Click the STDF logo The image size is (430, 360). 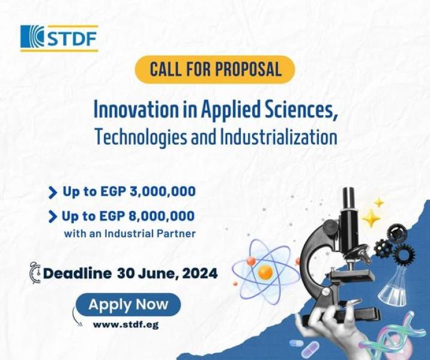coord(59,38)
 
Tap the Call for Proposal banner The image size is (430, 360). coord(215,70)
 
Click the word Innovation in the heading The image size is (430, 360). coord(136,110)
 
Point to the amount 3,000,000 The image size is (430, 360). coord(163,191)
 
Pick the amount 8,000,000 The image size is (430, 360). coord(162,216)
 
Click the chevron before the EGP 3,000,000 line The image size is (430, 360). coord(52,193)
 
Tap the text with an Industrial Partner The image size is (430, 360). coord(130,233)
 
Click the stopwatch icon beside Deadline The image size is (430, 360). coord(35,272)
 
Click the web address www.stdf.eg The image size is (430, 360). coord(126,325)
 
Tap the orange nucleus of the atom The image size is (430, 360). coord(265,272)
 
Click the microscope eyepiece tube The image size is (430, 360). coord(349,199)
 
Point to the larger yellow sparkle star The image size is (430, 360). coord(371,218)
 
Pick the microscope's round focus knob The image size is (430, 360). coord(330,227)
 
